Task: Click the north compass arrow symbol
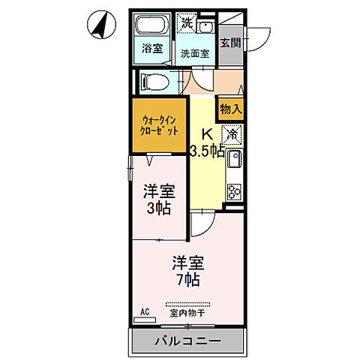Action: pyautogui.click(x=97, y=26)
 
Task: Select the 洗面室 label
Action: pyautogui.click(x=194, y=53)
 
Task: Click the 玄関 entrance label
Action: pyautogui.click(x=231, y=43)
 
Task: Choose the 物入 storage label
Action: pyautogui.click(x=231, y=109)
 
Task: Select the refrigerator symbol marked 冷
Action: pyautogui.click(x=232, y=135)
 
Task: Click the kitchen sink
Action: pyautogui.click(x=233, y=160)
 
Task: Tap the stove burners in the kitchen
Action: pyautogui.click(x=234, y=191)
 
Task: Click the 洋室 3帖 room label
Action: pyautogui.click(x=158, y=199)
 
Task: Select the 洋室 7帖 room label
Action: pyautogui.click(x=187, y=271)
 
